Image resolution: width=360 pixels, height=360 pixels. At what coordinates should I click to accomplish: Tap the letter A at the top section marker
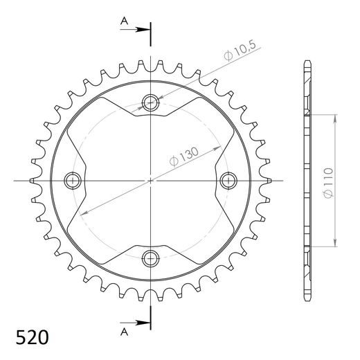pos(125,21)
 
